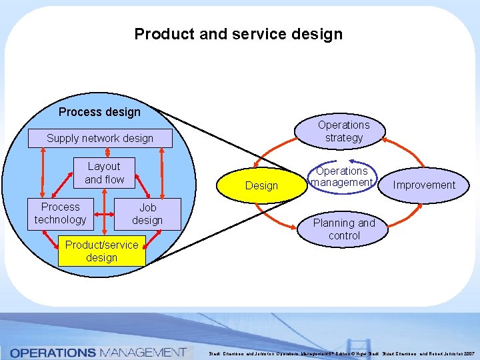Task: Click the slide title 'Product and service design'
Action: [238, 34]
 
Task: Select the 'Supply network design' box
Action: [100, 139]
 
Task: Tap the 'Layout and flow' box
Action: [104, 173]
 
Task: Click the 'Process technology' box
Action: [60, 213]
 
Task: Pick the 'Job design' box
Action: [147, 214]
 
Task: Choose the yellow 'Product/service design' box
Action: [101, 251]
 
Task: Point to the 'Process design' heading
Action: [99, 112]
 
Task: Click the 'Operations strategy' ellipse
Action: [343, 131]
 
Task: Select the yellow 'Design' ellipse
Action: [261, 185]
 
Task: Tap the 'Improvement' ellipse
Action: [424, 185]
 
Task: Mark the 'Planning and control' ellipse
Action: [344, 229]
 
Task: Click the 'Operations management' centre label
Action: [342, 177]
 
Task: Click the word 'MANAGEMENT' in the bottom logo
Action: [142, 352]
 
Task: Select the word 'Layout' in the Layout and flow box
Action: [104, 166]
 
